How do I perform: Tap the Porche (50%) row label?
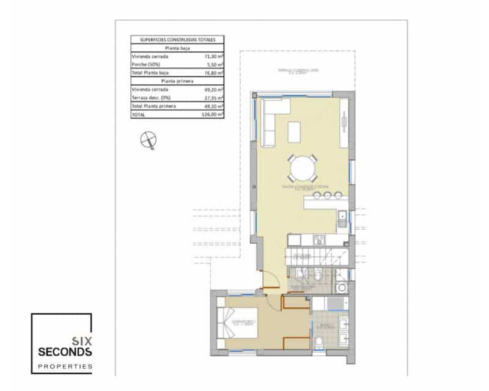pos(147,64)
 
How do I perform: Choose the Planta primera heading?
pos(177,81)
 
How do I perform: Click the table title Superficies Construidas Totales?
pos(177,39)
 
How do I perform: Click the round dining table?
pos(303,166)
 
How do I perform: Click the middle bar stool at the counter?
pos(328,195)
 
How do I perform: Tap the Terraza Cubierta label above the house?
pos(298,71)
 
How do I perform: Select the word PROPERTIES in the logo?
pos(65,367)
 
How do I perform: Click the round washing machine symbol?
pos(342,287)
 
